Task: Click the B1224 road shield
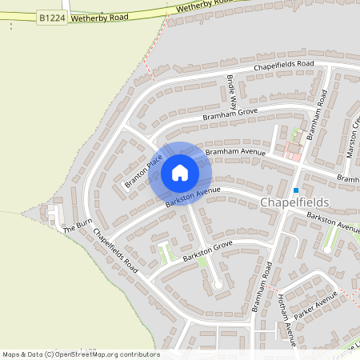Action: tap(50, 17)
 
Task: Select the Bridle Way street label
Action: tap(232, 91)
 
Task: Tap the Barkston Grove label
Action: tap(206, 251)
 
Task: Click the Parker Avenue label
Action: tap(316, 303)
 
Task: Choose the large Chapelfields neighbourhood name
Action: tap(294, 203)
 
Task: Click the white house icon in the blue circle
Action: tap(180, 173)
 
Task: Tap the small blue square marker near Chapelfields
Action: tap(295, 190)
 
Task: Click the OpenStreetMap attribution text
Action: tap(80, 354)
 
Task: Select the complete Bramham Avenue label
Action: tap(234, 150)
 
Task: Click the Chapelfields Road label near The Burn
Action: tap(117, 251)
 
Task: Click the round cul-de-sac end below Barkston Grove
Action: tap(217, 284)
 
